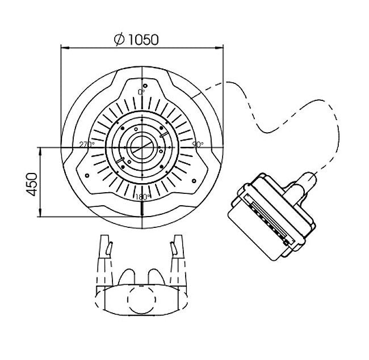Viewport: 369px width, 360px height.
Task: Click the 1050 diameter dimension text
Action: (143, 40)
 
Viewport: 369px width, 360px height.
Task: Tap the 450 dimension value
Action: (32, 184)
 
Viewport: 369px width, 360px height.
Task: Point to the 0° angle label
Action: (141, 92)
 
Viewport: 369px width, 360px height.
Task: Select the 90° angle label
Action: (198, 144)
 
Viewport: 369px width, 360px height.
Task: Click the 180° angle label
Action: (143, 197)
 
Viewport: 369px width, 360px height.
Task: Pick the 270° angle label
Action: (87, 144)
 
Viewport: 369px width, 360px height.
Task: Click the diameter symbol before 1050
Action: (119, 40)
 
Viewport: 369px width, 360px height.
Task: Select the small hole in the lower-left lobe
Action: (87, 175)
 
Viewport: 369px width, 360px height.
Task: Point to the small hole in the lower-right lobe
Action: (194, 181)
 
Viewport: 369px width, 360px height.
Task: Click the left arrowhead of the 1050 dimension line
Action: (65, 48)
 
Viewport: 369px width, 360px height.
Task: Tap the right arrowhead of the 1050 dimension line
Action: (219, 48)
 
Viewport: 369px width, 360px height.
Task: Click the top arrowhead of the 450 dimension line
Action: (40, 151)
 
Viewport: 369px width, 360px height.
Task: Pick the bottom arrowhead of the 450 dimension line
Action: (40, 213)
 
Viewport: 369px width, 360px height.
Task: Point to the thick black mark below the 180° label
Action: (142, 208)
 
